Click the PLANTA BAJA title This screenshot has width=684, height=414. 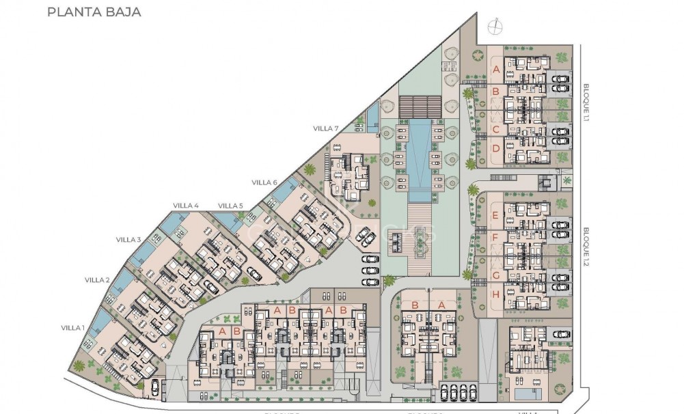pyautogui.click(x=94, y=12)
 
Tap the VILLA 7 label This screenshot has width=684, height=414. pyautogui.click(x=325, y=128)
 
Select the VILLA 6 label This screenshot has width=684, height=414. pyautogui.click(x=264, y=182)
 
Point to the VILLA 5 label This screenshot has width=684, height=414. pyautogui.click(x=230, y=206)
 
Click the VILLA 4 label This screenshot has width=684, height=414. pyautogui.click(x=185, y=206)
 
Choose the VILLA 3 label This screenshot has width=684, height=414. pyautogui.click(x=128, y=239)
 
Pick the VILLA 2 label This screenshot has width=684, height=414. pyautogui.click(x=97, y=280)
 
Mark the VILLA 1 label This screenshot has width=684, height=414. pyautogui.click(x=72, y=327)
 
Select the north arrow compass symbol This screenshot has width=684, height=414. pyautogui.click(x=494, y=27)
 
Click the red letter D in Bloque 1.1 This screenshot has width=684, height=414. pyautogui.click(x=496, y=147)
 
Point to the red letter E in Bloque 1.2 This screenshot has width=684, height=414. pyautogui.click(x=495, y=215)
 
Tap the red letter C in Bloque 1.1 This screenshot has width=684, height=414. pyautogui.click(x=496, y=129)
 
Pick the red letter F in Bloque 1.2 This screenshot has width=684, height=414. pyautogui.click(x=495, y=238)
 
